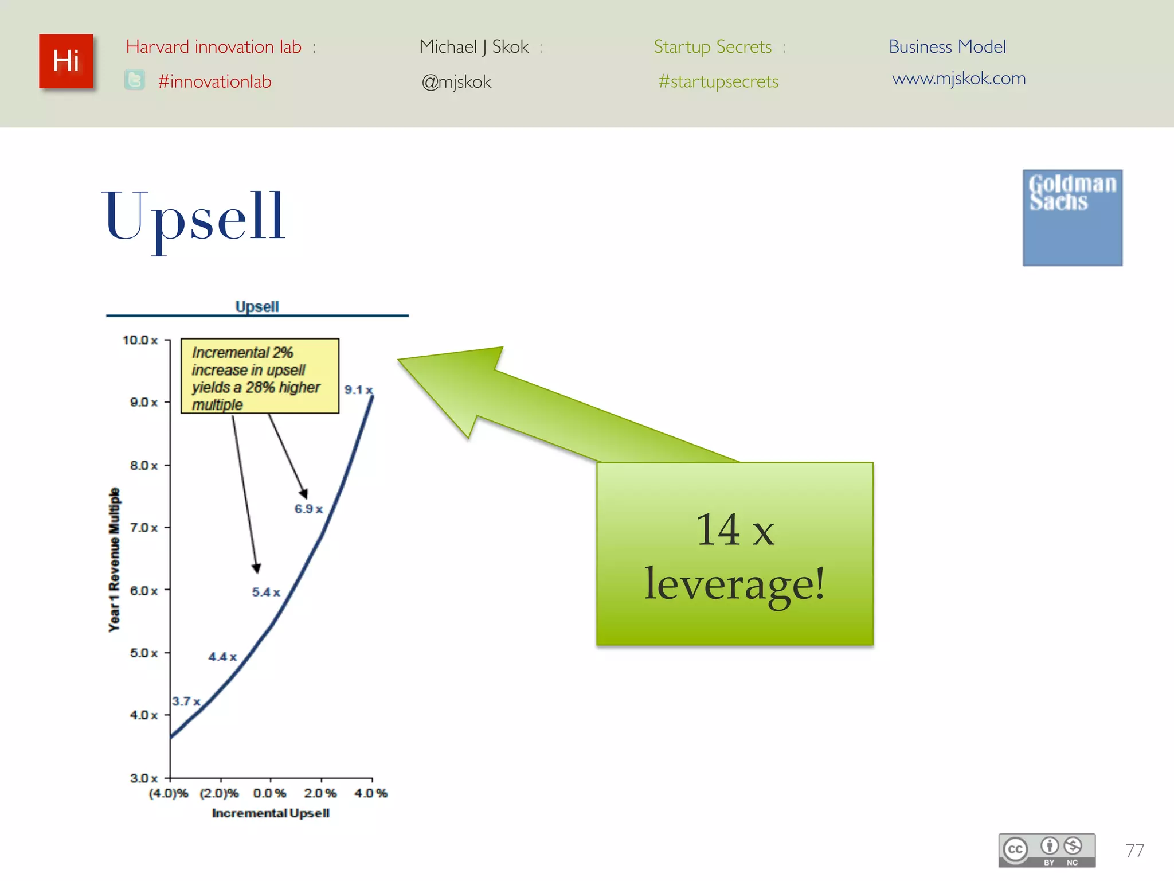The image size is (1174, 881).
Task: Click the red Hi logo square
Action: pyautogui.click(x=66, y=61)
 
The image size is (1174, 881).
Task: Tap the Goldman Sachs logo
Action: pyautogui.click(x=1072, y=217)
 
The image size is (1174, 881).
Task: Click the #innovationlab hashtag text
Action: pyautogui.click(x=214, y=81)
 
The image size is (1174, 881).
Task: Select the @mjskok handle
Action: pyautogui.click(x=456, y=82)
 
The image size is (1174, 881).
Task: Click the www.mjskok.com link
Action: pyautogui.click(x=958, y=79)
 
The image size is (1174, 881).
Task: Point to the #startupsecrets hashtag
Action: pyautogui.click(x=718, y=81)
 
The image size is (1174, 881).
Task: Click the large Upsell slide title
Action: pyautogui.click(x=194, y=217)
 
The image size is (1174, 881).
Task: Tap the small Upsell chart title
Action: pyautogui.click(x=257, y=306)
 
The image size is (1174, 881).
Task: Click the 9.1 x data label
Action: pyautogui.click(x=358, y=390)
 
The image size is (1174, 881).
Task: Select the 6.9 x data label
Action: pyautogui.click(x=308, y=509)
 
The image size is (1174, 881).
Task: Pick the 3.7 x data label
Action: pyautogui.click(x=186, y=701)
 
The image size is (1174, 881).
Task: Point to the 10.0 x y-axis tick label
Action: pyautogui.click(x=140, y=340)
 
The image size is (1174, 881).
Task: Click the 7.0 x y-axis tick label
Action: pyautogui.click(x=143, y=528)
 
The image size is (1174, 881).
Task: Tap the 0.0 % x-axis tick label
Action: pyautogui.click(x=269, y=793)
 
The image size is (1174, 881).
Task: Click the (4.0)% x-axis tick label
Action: pyautogui.click(x=168, y=793)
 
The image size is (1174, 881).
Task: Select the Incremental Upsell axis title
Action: pyautogui.click(x=271, y=813)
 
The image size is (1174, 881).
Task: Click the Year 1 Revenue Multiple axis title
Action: pyautogui.click(x=115, y=560)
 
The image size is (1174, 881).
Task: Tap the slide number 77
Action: pyautogui.click(x=1134, y=850)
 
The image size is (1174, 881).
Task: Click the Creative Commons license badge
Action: pyautogui.click(x=1046, y=850)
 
